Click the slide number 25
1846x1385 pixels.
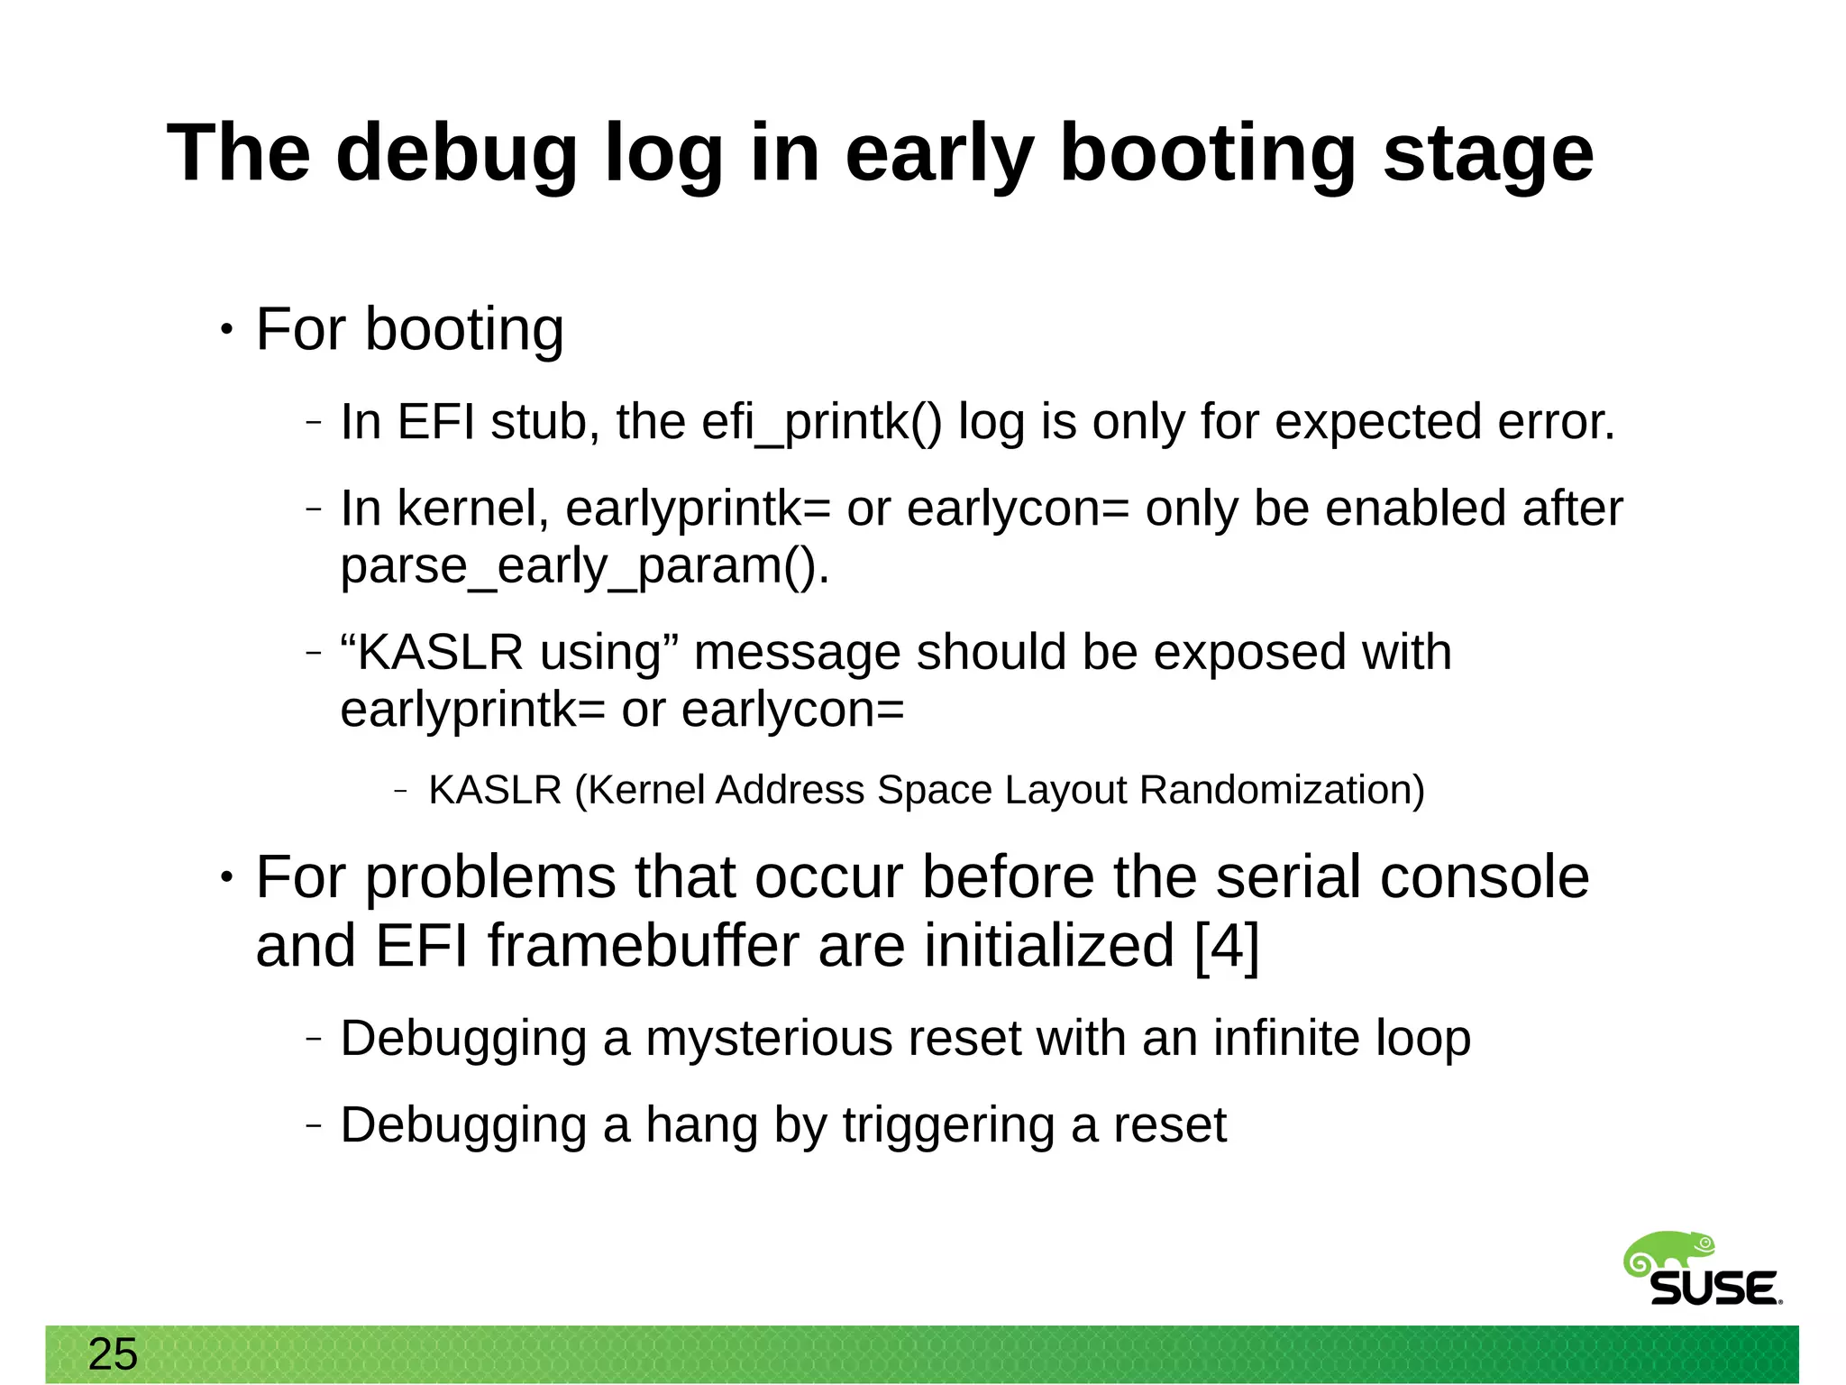(x=113, y=1354)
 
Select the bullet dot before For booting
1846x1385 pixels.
(x=226, y=331)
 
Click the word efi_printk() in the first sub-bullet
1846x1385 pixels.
(x=821, y=421)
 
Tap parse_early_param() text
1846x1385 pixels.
(x=584, y=566)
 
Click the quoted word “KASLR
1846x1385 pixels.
(x=432, y=652)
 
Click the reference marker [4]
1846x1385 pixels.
(x=1227, y=946)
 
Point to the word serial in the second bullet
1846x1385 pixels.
(x=1289, y=877)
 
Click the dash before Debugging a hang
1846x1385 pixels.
(x=313, y=1125)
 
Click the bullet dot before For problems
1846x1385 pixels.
(x=226, y=877)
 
